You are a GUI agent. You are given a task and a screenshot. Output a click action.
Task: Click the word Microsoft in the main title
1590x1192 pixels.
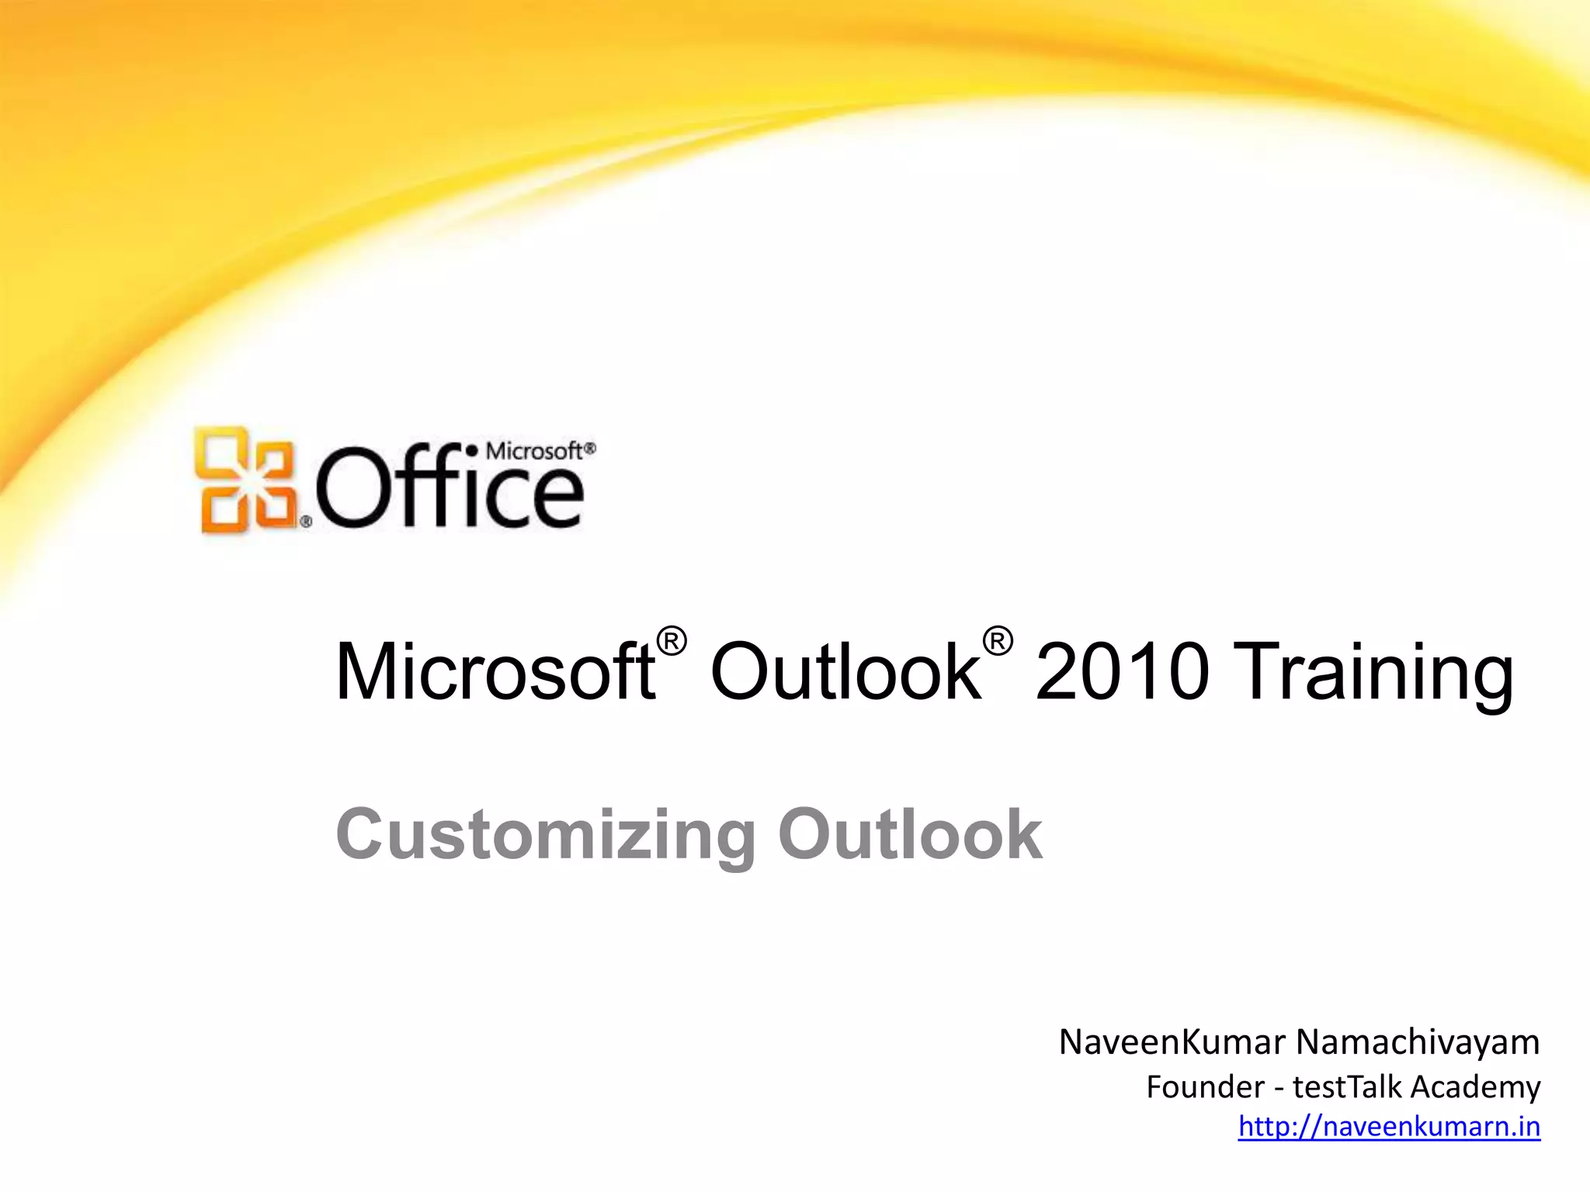tap(494, 671)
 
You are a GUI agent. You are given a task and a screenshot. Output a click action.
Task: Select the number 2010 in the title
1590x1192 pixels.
tap(1122, 671)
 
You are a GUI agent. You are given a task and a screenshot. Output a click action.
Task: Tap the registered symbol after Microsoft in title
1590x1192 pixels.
tap(672, 642)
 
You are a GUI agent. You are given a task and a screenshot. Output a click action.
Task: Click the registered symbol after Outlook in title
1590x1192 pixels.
tap(998, 642)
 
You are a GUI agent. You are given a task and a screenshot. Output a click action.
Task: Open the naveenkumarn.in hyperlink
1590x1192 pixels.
tap(1389, 1126)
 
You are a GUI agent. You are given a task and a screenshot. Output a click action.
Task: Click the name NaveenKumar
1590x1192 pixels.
tap(1172, 1042)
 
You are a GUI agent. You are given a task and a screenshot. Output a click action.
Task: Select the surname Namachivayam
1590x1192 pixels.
tap(1418, 1042)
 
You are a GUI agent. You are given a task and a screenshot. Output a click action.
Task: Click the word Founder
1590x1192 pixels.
tap(1205, 1087)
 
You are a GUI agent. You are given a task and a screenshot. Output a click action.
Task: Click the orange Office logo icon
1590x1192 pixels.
tap(245, 479)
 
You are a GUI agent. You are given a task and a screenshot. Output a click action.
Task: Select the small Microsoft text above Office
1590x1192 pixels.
tap(535, 451)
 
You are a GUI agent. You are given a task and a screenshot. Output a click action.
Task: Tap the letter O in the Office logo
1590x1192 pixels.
tap(350, 489)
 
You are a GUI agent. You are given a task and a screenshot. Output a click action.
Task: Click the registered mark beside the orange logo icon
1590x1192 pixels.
tap(306, 523)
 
